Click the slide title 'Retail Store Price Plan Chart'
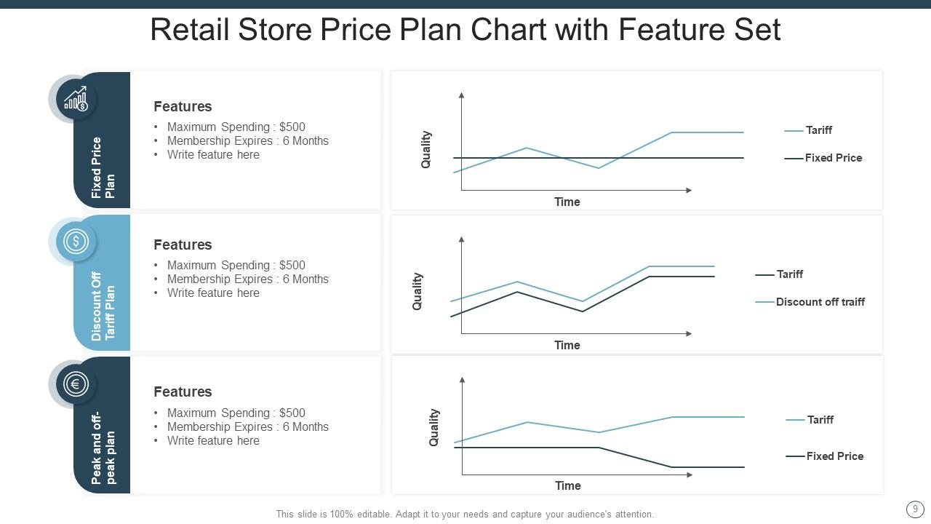[465, 30]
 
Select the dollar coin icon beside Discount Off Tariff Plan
[76, 241]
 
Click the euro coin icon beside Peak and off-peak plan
[76, 384]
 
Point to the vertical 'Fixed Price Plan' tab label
[103, 167]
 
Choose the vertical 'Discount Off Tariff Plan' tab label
[103, 306]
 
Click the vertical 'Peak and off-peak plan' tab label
[103, 448]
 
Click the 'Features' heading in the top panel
[183, 106]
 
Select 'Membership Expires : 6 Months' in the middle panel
[247, 279]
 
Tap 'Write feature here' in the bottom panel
[213, 440]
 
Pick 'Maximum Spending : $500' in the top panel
[236, 127]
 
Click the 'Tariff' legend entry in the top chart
[818, 130]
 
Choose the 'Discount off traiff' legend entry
[820, 302]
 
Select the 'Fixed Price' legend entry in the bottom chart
[834, 456]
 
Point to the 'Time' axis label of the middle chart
[567, 345]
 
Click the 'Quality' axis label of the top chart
[426, 150]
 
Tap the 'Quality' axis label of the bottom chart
[434, 427]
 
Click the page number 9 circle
[915, 509]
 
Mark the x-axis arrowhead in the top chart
[688, 190]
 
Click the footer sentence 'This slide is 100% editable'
[465, 514]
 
